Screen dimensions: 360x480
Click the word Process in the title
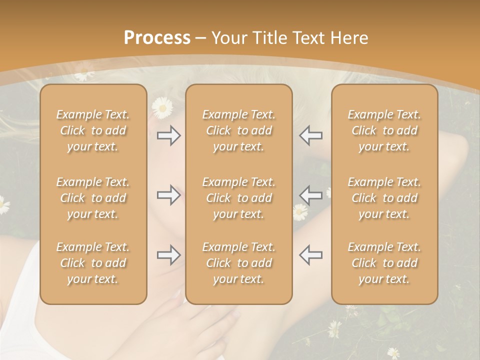[157, 38]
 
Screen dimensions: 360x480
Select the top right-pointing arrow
[168, 135]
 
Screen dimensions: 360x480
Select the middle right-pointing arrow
[168, 195]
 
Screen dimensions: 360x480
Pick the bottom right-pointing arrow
[168, 255]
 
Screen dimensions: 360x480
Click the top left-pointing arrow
[310, 135]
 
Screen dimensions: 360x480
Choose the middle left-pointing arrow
[310, 195]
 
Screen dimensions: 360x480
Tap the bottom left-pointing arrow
[310, 255]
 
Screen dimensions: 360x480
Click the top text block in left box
[93, 130]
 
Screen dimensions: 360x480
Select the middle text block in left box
[93, 198]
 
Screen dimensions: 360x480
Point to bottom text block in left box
[93, 263]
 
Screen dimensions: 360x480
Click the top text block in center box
[238, 130]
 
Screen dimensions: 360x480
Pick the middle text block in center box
[238, 198]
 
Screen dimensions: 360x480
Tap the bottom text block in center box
[238, 263]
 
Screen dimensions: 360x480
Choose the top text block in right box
[384, 130]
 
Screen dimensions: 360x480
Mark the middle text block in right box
[384, 198]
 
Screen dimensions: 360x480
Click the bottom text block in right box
[384, 263]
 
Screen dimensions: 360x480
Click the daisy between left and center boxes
[162, 107]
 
